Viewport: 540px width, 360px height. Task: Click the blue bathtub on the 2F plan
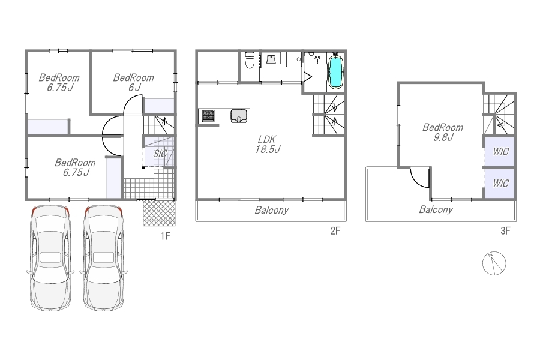[335, 71]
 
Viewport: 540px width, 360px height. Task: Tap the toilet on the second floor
[249, 60]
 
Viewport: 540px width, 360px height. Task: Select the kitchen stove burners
[208, 116]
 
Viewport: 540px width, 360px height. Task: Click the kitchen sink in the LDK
[239, 116]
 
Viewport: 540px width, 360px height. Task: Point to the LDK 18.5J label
[267, 145]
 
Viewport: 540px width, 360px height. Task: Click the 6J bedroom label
[134, 82]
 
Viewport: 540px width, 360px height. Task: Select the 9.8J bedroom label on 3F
[443, 132]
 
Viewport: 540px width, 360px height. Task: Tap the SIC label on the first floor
[160, 154]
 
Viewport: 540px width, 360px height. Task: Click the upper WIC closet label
[500, 152]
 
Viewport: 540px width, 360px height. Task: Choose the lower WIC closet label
[500, 183]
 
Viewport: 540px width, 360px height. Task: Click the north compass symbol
[494, 263]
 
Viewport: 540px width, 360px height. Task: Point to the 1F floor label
[166, 236]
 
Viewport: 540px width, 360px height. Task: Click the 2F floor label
[335, 231]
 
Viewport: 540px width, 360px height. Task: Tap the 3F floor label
[505, 231]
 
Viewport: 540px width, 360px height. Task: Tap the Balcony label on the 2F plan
[272, 210]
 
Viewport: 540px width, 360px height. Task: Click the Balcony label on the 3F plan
[436, 209]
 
